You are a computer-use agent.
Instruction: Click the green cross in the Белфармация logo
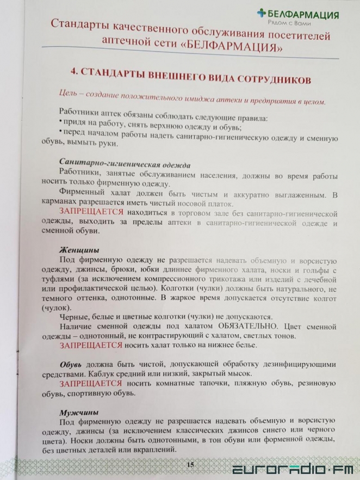tap(262, 14)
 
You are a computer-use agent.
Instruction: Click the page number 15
tap(190, 464)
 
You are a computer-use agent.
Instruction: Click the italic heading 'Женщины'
tap(79, 250)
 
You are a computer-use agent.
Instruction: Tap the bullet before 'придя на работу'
tap(60, 121)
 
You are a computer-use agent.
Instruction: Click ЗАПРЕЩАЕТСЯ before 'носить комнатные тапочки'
tap(90, 383)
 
